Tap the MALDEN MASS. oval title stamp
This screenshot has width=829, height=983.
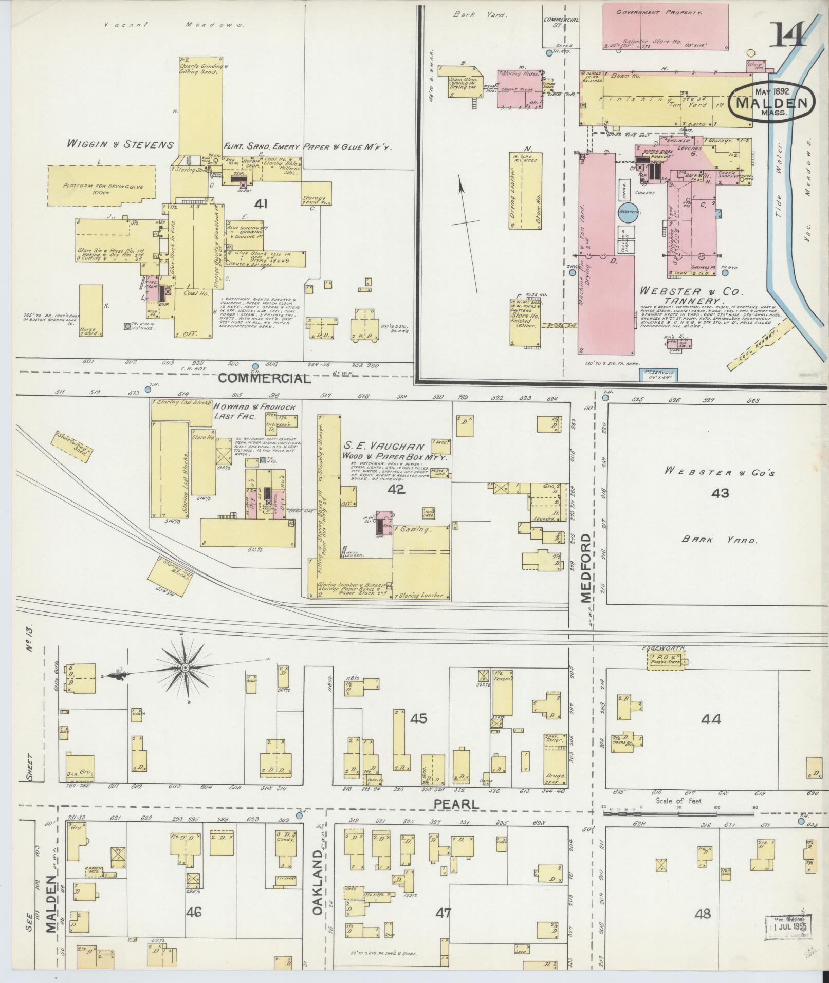click(771, 102)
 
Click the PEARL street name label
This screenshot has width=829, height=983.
click(456, 804)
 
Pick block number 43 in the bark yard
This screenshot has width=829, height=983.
click(720, 494)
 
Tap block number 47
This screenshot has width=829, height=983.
click(443, 913)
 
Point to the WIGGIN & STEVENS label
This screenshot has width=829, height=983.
click(122, 145)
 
